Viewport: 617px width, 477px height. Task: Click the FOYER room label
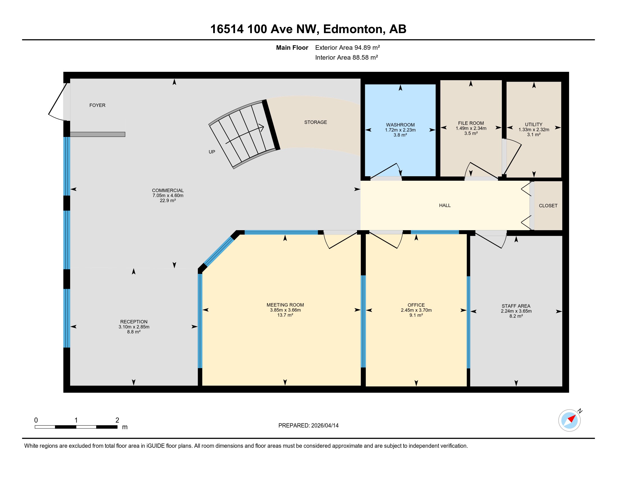click(x=97, y=105)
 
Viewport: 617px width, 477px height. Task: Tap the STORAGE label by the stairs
click(x=316, y=122)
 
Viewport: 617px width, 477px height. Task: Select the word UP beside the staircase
click(x=212, y=152)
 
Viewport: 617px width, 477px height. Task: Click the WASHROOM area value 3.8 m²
click(x=400, y=135)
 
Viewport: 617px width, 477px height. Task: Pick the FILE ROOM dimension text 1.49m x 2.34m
click(x=471, y=128)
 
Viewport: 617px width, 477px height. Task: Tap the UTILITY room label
click(x=534, y=124)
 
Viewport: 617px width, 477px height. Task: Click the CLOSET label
click(x=548, y=206)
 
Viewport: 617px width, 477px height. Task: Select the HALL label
click(x=445, y=205)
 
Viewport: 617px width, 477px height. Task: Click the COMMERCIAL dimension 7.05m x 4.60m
click(x=168, y=195)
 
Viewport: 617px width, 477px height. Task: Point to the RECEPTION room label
click(x=134, y=322)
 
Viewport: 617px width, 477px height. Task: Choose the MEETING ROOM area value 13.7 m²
click(x=285, y=315)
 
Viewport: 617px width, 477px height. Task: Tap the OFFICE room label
click(x=416, y=305)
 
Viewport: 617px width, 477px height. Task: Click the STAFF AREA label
click(x=516, y=306)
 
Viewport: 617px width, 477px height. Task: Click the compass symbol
click(x=570, y=420)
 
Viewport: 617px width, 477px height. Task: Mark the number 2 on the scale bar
click(x=117, y=420)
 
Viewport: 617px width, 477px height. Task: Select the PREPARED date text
click(x=308, y=426)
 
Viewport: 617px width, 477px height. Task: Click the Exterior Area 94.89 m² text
click(x=347, y=47)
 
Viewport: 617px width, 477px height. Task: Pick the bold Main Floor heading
click(x=292, y=47)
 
